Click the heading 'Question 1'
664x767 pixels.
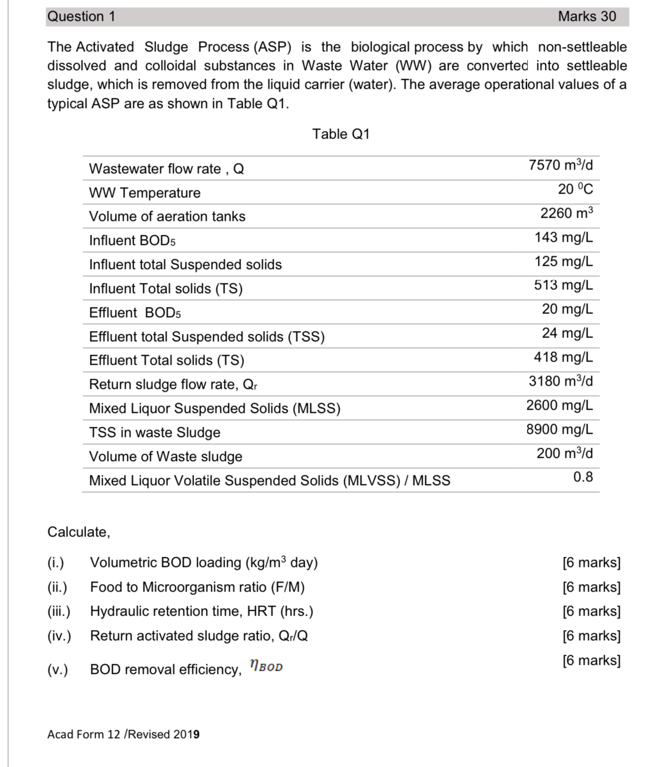click(x=81, y=17)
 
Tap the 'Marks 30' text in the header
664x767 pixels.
click(x=586, y=17)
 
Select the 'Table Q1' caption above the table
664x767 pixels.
click(x=341, y=134)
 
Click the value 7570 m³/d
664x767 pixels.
click(x=560, y=165)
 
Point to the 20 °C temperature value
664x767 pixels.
click(x=575, y=189)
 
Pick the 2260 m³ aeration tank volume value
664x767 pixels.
click(x=566, y=213)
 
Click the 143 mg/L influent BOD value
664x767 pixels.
click(x=563, y=237)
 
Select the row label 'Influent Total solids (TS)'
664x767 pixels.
click(x=166, y=289)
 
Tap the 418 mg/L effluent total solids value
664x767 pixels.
click(x=563, y=357)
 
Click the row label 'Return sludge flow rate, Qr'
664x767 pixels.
click(x=174, y=385)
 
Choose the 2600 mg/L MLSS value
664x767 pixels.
click(x=559, y=405)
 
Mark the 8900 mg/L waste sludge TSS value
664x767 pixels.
click(x=559, y=429)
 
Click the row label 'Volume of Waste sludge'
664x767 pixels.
click(x=166, y=457)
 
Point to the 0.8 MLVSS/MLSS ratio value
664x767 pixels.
click(x=583, y=477)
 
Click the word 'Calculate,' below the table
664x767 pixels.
click(x=79, y=532)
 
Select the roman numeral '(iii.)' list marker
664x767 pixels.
click(x=59, y=611)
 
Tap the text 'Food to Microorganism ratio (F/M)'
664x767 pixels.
click(x=197, y=587)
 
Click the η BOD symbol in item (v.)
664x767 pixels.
click(x=266, y=666)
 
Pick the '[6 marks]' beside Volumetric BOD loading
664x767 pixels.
click(x=591, y=563)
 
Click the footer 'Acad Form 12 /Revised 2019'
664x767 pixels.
click(x=123, y=734)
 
